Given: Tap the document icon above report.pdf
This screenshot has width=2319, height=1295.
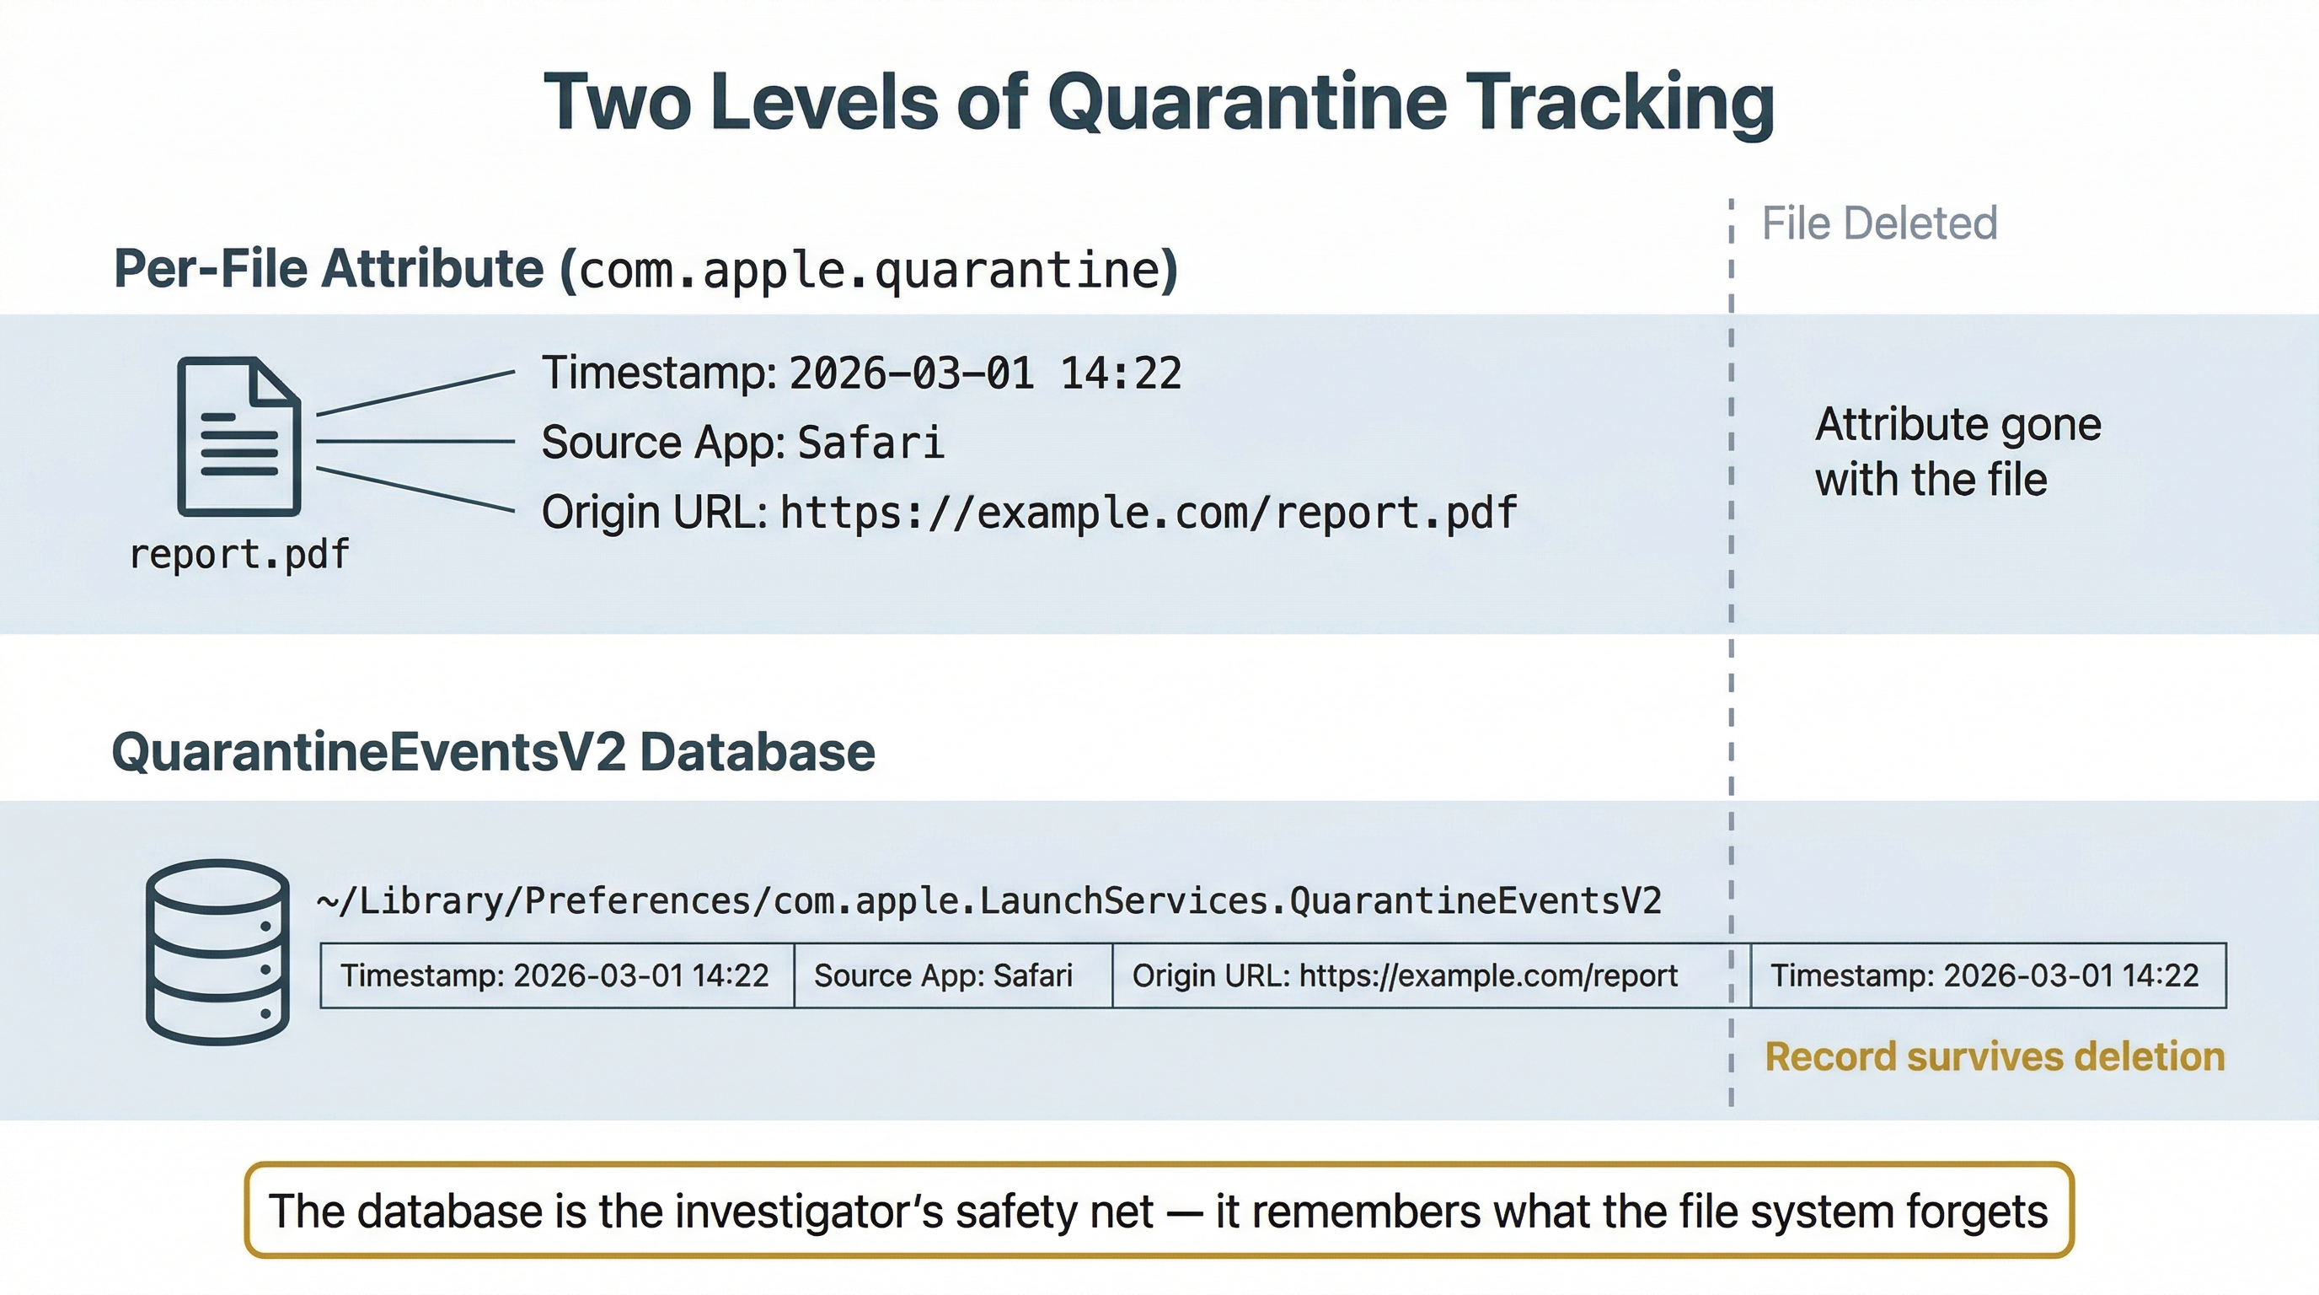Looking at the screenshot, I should point(238,437).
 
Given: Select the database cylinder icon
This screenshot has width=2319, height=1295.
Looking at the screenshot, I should point(218,952).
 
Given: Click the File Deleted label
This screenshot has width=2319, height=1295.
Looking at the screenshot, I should point(1879,223).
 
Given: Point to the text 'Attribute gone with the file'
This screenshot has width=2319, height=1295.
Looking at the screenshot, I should point(1957,451).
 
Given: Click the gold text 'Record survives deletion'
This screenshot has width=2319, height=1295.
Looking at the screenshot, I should point(1994,1056).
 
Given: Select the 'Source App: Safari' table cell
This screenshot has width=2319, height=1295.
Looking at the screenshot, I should point(944,975).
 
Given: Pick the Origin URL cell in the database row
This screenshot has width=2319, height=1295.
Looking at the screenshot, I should point(1405,975).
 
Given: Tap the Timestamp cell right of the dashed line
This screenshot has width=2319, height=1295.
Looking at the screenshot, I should point(1984,975).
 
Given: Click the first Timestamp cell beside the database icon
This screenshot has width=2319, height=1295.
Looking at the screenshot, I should point(554,975).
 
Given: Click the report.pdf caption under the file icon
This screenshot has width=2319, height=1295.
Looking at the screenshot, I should point(239,555).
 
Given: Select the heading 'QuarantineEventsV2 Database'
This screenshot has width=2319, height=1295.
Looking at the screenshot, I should point(493,752).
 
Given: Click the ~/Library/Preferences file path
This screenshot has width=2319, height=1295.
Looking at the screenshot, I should point(988,900).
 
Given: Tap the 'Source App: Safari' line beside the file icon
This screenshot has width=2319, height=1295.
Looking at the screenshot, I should point(742,442).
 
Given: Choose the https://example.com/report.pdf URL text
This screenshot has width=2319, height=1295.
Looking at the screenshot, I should point(1148,513).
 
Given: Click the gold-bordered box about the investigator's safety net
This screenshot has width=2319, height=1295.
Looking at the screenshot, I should point(1159,1211).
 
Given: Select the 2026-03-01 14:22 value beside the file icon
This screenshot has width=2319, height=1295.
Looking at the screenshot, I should point(985,373).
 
